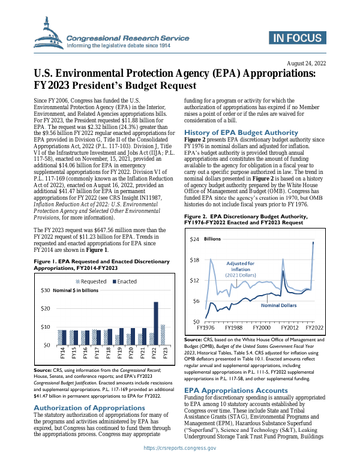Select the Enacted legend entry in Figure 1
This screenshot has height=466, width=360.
123,281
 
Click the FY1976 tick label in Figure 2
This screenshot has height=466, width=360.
206,328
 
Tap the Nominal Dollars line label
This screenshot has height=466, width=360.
278,305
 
